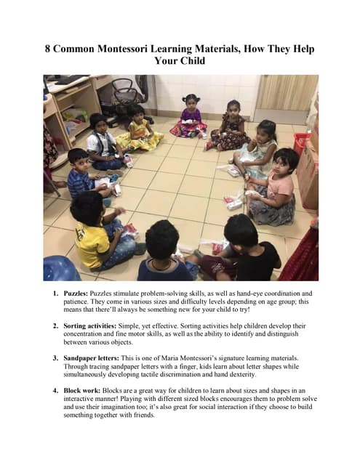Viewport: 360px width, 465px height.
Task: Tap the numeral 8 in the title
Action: (x=49, y=49)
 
